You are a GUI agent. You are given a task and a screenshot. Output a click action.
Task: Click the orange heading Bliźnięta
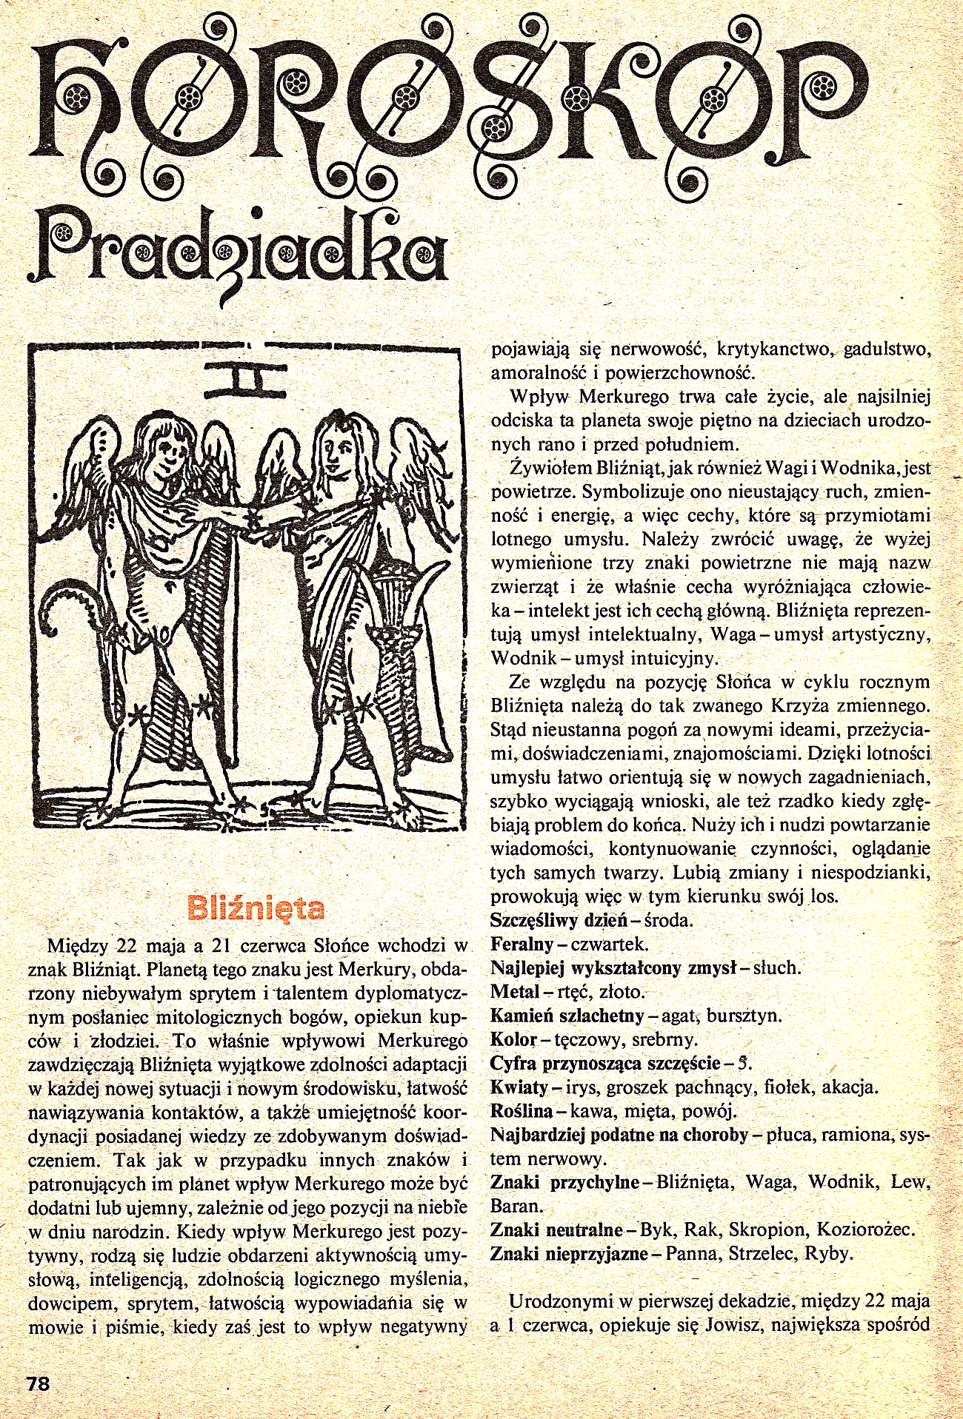[256, 907]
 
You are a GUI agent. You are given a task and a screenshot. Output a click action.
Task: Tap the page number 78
[38, 1382]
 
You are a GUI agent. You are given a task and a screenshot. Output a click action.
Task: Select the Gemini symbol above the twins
[244, 379]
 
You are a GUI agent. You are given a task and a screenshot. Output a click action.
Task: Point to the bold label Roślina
[521, 1111]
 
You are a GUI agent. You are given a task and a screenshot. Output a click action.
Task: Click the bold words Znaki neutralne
[556, 1230]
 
